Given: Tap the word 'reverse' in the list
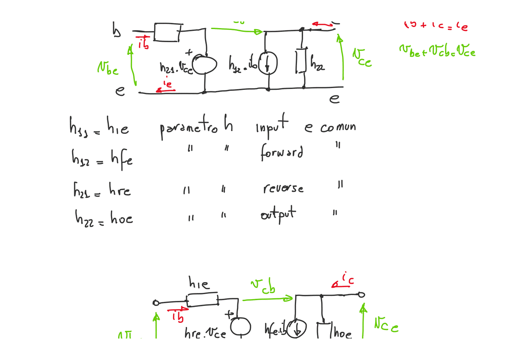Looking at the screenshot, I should pyautogui.click(x=283, y=188).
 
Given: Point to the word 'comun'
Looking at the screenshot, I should pyautogui.click(x=337, y=127).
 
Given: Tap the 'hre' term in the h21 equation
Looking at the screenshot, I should pyautogui.click(x=119, y=189).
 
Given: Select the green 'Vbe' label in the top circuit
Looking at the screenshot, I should pyautogui.click(x=108, y=69).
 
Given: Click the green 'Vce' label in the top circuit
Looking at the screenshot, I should pyautogui.click(x=362, y=57).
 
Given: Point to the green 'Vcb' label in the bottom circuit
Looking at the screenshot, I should pyautogui.click(x=262, y=286).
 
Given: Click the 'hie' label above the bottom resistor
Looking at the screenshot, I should pyautogui.click(x=199, y=284).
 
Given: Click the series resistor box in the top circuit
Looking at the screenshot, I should pyautogui.click(x=168, y=32).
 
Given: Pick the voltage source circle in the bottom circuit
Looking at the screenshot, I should pyautogui.click(x=240, y=326).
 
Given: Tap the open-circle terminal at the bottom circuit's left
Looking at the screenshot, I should pyautogui.click(x=156, y=303).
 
